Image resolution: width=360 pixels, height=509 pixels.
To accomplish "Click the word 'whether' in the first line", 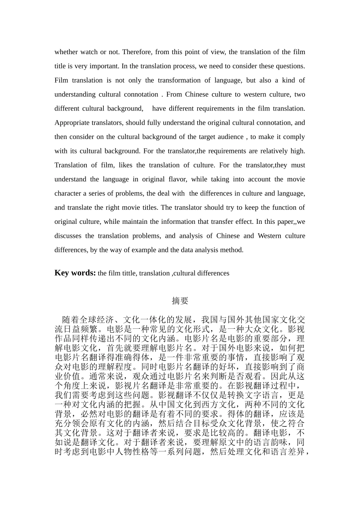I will [66, 52].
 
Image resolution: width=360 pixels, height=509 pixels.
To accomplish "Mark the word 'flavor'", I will [176, 179].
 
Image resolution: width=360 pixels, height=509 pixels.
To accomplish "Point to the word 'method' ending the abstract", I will [232, 250].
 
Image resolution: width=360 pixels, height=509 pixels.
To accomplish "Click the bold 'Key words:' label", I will [75, 273].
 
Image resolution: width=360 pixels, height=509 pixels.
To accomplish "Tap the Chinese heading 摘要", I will [180, 301].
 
